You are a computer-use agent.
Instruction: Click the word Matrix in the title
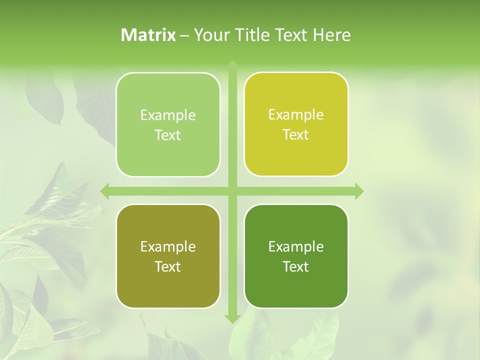[148, 35]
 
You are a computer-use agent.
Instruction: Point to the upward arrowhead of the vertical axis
[232, 64]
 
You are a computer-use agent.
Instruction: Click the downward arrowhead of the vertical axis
[232, 318]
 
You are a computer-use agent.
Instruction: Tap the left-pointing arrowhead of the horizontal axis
[105, 191]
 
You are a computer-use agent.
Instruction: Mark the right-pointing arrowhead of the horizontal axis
[359, 191]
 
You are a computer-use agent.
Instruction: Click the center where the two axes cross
[232, 191]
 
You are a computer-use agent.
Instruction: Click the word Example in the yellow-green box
[296, 114]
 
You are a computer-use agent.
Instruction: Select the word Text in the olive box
[168, 266]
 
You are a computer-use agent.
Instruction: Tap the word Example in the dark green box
[296, 246]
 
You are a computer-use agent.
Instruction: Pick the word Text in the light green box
[168, 135]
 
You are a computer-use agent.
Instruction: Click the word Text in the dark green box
[296, 266]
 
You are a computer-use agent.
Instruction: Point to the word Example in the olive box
[168, 246]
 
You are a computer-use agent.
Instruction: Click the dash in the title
[184, 35]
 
